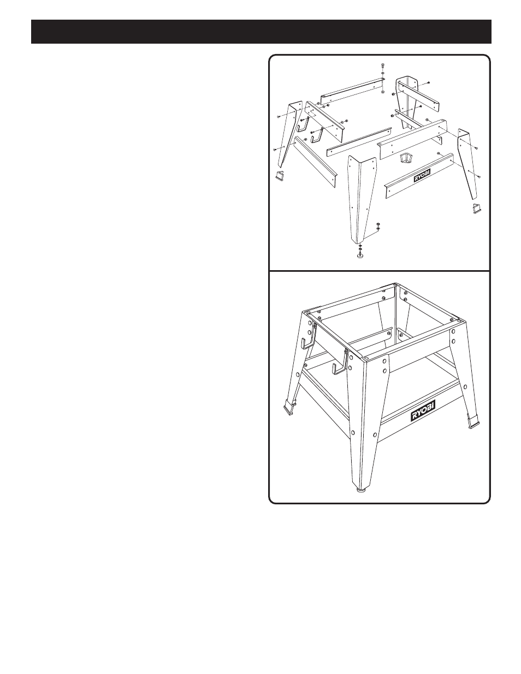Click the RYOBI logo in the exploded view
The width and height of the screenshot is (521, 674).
422,177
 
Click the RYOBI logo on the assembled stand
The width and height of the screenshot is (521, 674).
423,410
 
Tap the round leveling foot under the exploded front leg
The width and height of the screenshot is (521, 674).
360,256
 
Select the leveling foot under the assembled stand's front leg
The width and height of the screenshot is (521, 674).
361,491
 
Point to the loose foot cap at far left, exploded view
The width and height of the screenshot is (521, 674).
63,174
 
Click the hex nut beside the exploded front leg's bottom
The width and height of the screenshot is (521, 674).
378,224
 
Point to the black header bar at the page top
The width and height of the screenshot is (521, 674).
261,32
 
